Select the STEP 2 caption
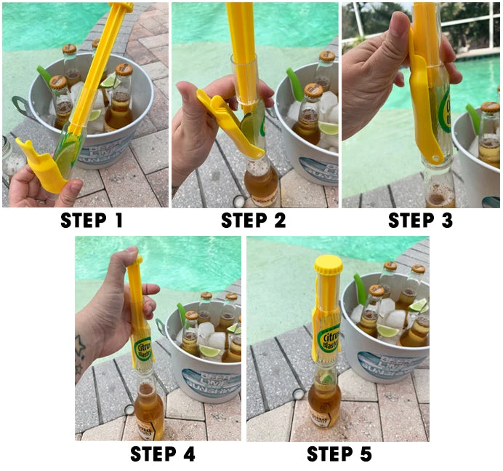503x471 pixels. [x=253, y=221]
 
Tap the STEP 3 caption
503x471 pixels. [x=421, y=221]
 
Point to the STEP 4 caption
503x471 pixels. [x=162, y=454]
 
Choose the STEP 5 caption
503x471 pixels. [x=339, y=454]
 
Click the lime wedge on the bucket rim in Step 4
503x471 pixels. [x=210, y=351]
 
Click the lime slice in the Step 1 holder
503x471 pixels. [x=68, y=157]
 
